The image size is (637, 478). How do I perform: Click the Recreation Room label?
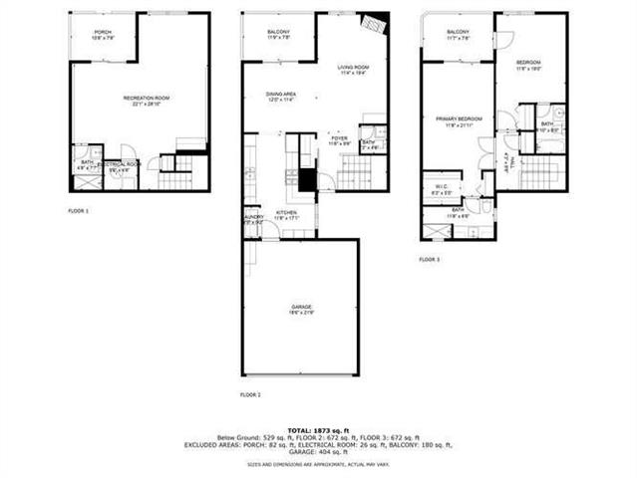(x=147, y=99)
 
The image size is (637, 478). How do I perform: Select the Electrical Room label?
(x=119, y=166)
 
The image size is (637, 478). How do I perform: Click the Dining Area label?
(x=281, y=96)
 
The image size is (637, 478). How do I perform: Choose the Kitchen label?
(x=287, y=214)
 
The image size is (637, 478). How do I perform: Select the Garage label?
(x=302, y=310)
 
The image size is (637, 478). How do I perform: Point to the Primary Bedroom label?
(x=459, y=120)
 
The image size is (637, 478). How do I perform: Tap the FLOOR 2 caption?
(x=251, y=395)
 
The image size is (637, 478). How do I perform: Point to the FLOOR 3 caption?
(x=430, y=259)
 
